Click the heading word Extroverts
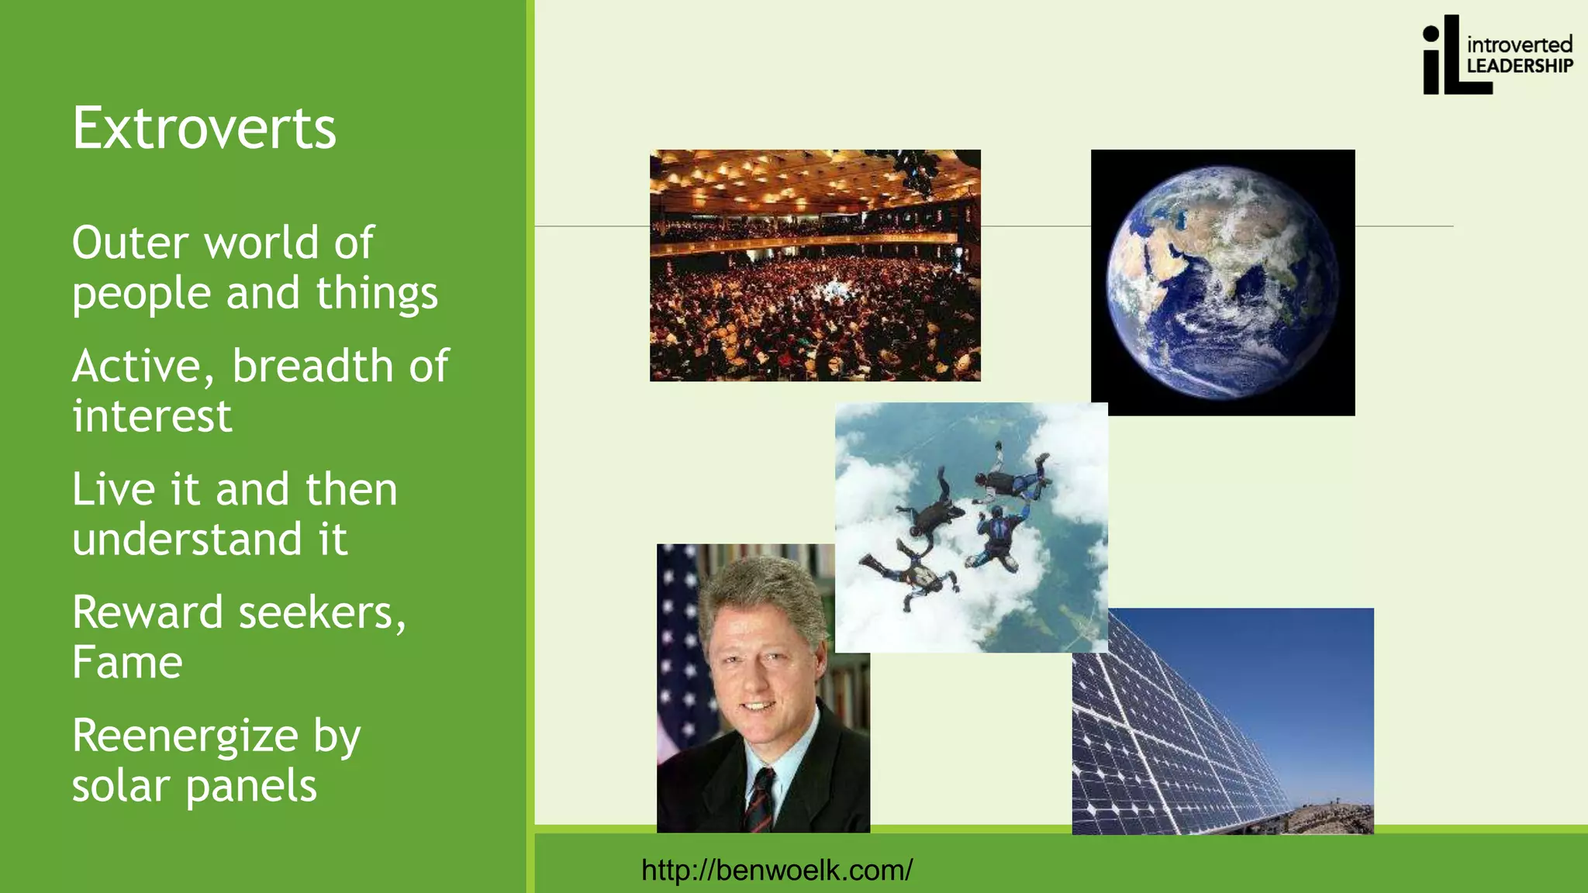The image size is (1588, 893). click(x=204, y=129)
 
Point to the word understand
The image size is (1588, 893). click(x=187, y=540)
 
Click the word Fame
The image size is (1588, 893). click(x=127, y=663)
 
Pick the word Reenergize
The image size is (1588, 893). click(x=185, y=736)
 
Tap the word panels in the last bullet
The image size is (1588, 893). click(x=250, y=786)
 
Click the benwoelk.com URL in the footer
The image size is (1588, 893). click(x=776, y=870)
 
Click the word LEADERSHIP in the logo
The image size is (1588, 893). click(x=1519, y=67)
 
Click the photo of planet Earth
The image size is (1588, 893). click(x=1223, y=283)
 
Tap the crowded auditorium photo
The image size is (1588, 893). click(x=814, y=265)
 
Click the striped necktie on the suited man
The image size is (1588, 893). click(x=761, y=798)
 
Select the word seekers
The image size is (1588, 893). click(x=322, y=612)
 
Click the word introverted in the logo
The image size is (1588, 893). click(x=1519, y=44)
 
